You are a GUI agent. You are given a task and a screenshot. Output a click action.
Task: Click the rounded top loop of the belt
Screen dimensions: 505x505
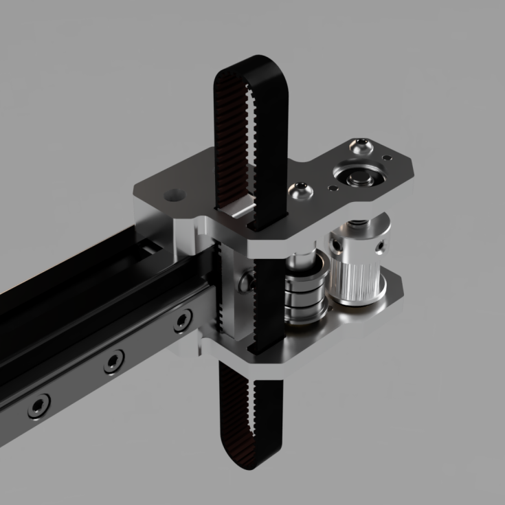pos(251,65)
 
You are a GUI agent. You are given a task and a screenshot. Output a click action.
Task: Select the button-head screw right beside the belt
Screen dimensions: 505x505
pos(300,190)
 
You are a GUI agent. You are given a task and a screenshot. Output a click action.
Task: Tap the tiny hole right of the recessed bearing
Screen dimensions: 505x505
pos(388,159)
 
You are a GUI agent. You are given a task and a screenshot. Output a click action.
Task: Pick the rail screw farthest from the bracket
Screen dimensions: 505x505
pos(38,405)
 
